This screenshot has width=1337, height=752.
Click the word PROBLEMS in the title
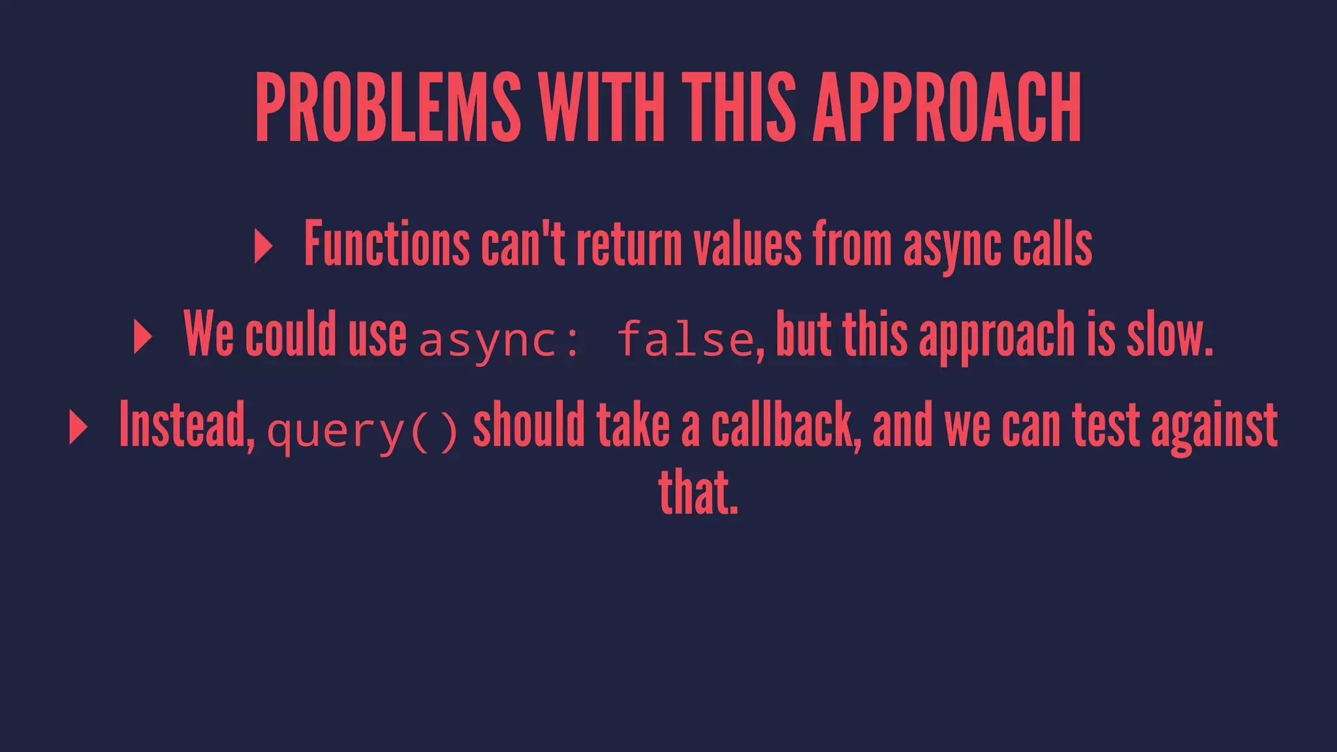point(388,107)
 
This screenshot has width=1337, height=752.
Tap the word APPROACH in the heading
point(947,107)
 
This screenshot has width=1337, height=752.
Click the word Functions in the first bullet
point(386,244)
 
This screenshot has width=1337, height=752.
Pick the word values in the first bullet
point(747,244)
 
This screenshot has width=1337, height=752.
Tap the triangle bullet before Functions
point(263,247)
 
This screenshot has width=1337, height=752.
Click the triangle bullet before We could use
point(142,337)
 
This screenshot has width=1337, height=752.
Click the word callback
point(786,426)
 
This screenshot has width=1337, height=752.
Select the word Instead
point(187,426)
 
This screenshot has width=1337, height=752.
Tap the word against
point(1214,426)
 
